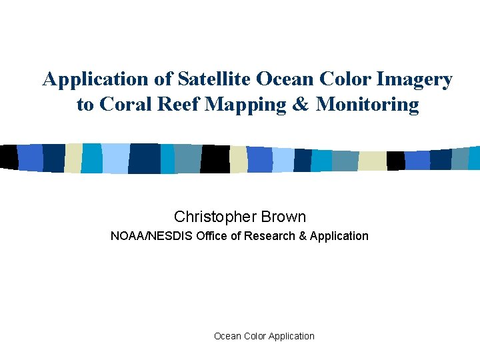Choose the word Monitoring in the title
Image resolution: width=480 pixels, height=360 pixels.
click(367, 105)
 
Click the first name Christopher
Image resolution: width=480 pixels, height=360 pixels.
click(215, 217)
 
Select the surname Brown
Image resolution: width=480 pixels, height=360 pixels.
click(283, 217)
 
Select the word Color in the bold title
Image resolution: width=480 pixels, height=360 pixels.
click(343, 79)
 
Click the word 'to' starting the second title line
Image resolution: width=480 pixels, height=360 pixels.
click(85, 105)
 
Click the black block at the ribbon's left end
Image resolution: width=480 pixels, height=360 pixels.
click(9, 157)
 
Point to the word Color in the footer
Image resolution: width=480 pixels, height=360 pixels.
click(257, 336)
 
